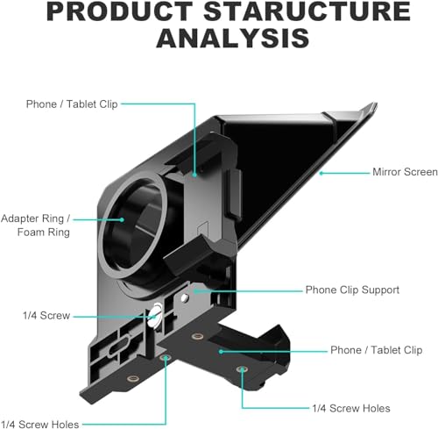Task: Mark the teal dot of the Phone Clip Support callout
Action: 197,290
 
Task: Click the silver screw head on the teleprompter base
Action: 156,310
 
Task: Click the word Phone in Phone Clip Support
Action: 321,290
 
